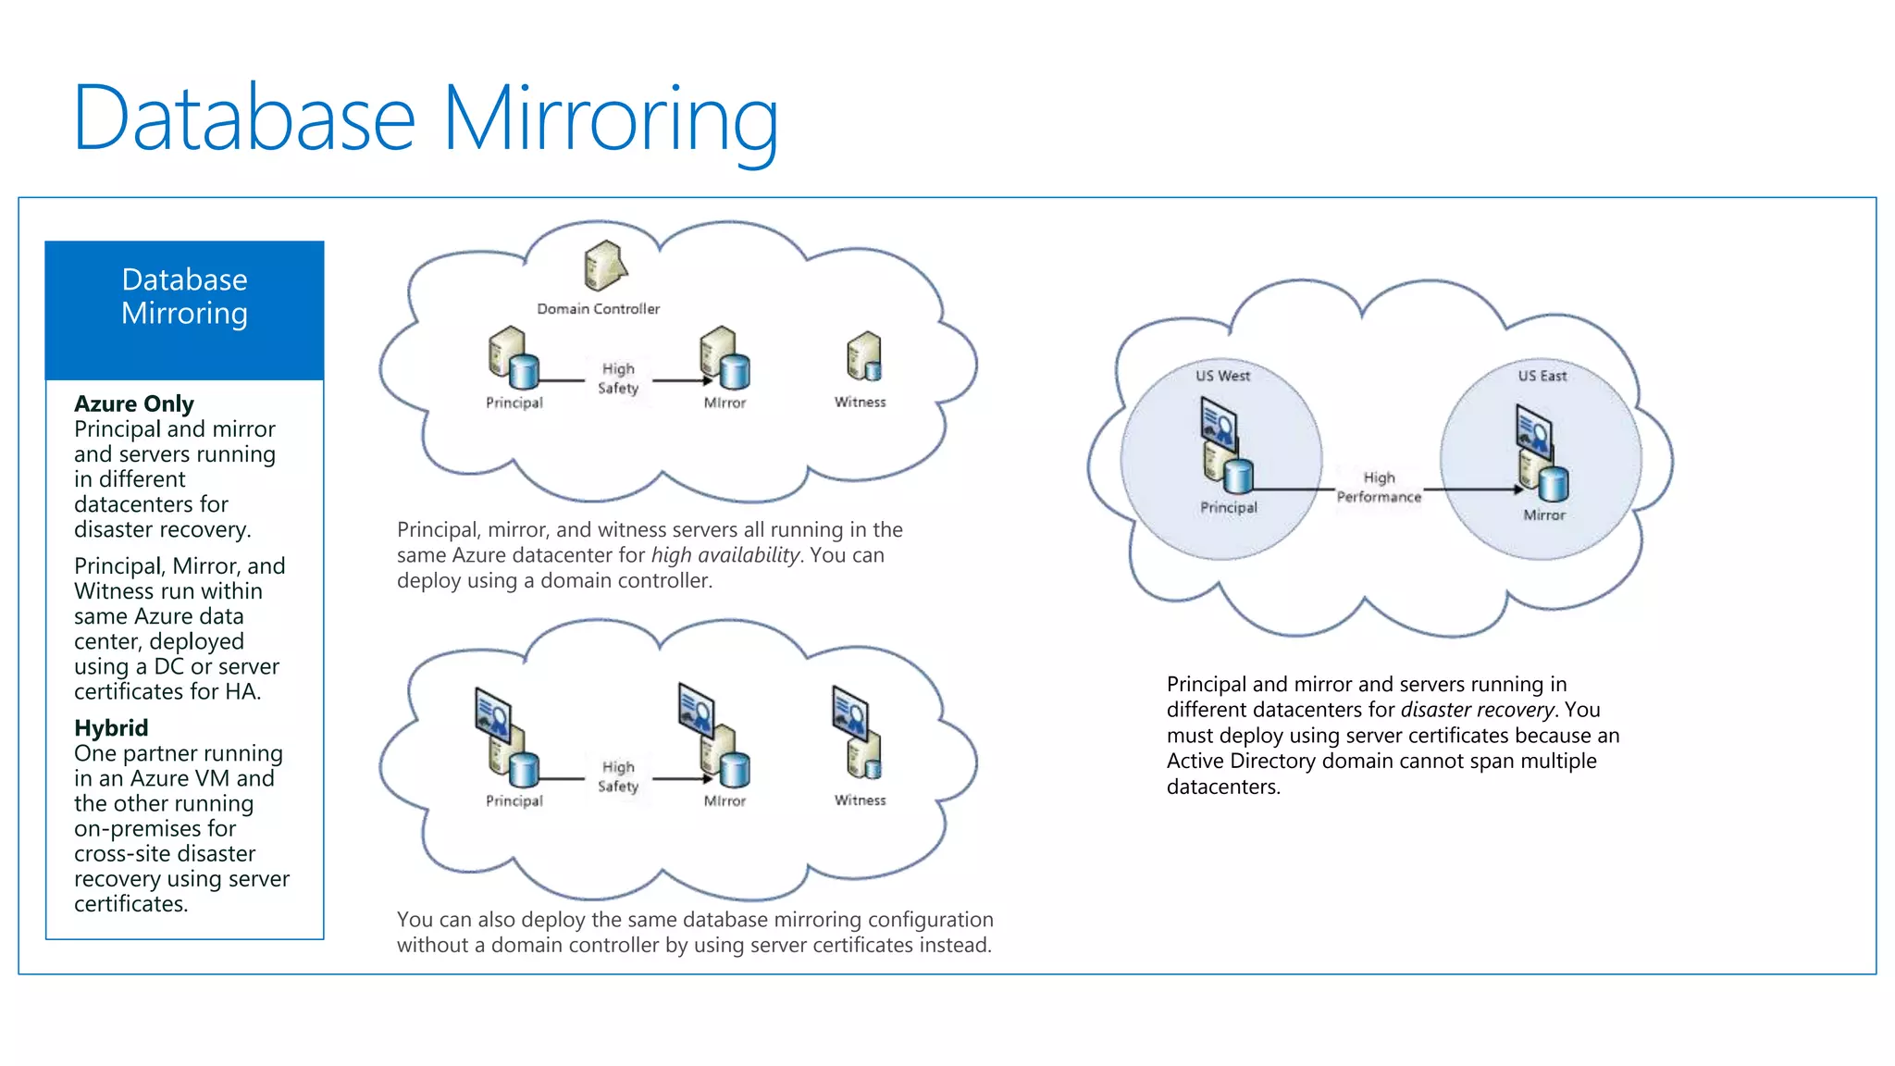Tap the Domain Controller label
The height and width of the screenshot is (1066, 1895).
pos(598,309)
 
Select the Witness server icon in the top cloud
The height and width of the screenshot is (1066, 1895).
pos(863,357)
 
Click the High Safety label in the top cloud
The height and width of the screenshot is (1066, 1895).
pos(618,378)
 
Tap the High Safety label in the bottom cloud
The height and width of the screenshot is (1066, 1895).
pos(618,776)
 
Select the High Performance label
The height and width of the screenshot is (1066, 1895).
pos(1379,488)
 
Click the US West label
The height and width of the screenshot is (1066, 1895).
pos(1222,376)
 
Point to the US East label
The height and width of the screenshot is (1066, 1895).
pos(1542,376)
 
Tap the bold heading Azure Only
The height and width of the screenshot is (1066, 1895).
pos(134,404)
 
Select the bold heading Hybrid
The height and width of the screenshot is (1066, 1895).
pos(111,728)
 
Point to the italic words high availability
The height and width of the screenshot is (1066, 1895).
pos(725,555)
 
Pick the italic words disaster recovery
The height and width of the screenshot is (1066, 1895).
pos(1478,710)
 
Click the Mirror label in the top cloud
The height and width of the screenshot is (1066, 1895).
pos(725,403)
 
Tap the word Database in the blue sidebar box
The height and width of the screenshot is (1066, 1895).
pos(184,279)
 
